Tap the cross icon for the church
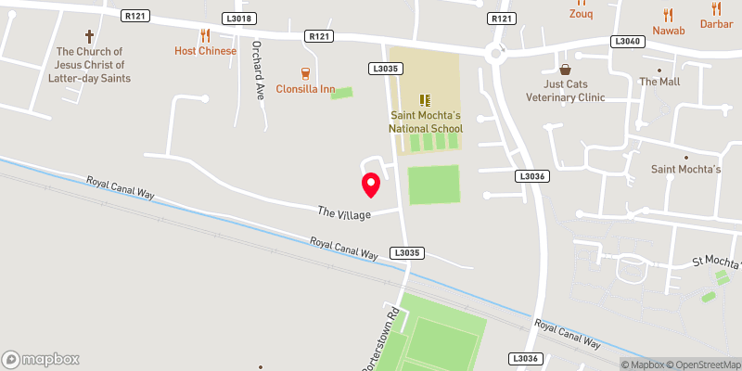(90, 37)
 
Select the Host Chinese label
(205, 50)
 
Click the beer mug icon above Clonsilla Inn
(304, 72)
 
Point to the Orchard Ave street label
(258, 73)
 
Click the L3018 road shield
(238, 19)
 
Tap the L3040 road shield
(625, 42)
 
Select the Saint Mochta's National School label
(426, 122)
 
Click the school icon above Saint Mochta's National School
(426, 99)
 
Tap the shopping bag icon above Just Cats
(565, 70)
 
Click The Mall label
(659, 82)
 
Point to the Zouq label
(580, 15)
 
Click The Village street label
(344, 213)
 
